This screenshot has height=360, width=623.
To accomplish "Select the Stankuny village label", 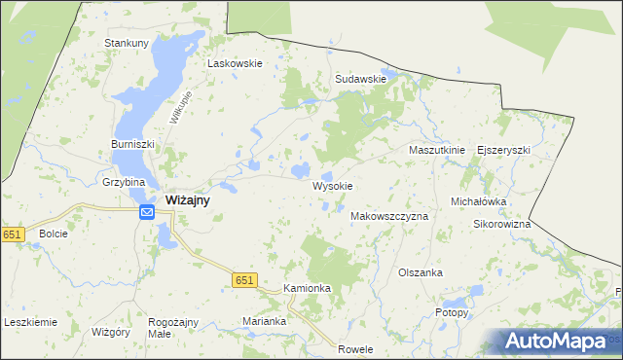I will tap(127, 43).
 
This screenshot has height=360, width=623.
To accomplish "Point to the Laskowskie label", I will tap(235, 63).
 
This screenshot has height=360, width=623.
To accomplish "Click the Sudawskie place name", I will tap(360, 79).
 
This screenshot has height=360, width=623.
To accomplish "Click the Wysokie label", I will tap(332, 186).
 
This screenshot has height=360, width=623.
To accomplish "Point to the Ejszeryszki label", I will tap(503, 151).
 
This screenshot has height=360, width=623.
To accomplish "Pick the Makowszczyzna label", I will tap(388, 216).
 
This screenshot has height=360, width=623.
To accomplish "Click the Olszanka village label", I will tap(421, 272).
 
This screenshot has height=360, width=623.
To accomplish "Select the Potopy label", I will tap(452, 313).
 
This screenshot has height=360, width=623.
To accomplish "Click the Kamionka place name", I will tap(308, 289).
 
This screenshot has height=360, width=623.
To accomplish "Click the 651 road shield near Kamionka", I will tap(245, 280).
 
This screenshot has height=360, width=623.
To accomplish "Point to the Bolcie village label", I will tap(53, 234).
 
